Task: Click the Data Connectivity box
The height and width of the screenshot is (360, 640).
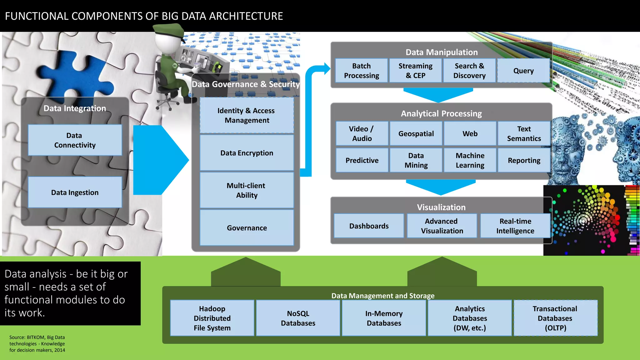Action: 75,140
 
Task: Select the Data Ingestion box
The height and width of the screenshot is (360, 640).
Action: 75,192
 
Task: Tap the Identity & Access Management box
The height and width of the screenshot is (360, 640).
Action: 247,115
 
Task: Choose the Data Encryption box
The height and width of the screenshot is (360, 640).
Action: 247,153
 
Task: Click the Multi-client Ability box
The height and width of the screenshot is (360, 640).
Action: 247,190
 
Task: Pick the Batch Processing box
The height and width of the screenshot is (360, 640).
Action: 361,71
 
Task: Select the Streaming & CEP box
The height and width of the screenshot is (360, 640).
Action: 415,71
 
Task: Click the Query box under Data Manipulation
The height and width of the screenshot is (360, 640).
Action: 523,71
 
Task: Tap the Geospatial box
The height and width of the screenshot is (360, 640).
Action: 416,133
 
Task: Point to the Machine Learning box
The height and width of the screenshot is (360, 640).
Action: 470,160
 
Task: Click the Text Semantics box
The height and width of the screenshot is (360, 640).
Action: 524,133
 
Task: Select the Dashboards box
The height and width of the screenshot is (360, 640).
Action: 369,226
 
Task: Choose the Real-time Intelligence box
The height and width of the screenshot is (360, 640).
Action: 515,226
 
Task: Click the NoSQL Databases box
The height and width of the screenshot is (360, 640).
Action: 298,318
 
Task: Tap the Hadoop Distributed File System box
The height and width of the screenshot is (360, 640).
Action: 212,318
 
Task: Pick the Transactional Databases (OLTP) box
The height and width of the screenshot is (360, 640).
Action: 555,318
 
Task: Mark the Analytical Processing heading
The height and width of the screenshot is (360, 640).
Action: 441,113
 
